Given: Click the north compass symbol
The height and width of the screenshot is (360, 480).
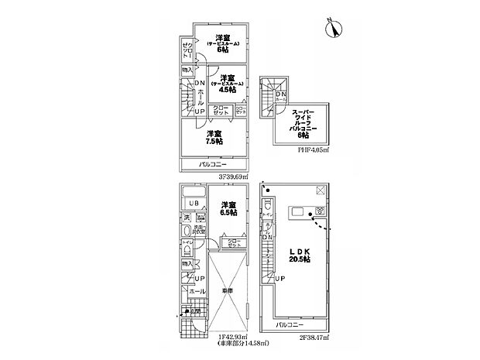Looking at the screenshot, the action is pyautogui.click(x=336, y=29).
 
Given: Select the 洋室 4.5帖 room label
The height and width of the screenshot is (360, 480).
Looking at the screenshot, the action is pyautogui.click(x=227, y=83).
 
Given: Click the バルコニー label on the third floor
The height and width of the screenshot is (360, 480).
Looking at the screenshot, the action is pyautogui.click(x=211, y=166).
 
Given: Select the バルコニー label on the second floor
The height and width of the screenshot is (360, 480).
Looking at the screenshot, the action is pyautogui.click(x=292, y=325).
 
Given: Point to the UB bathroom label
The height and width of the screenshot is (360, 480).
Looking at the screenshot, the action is pyautogui.click(x=193, y=204).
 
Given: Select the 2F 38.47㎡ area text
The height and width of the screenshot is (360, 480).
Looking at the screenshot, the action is pyautogui.click(x=314, y=338).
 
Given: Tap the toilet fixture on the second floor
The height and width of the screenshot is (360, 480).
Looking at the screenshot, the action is pyautogui.click(x=266, y=207).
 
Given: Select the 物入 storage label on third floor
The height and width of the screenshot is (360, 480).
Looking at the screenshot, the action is pyautogui.click(x=187, y=70).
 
